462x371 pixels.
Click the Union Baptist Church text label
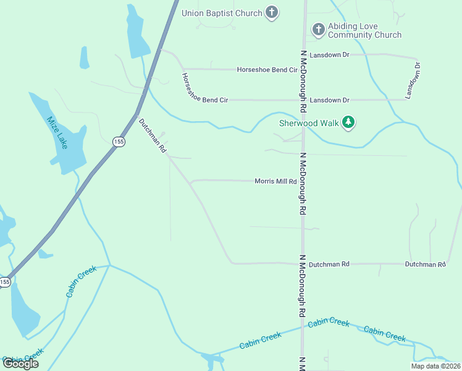[221, 12]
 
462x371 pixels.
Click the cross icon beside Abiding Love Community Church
[318, 29]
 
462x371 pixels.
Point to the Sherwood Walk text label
[309, 123]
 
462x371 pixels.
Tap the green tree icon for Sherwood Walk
[349, 122]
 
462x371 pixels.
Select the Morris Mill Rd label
[275, 181]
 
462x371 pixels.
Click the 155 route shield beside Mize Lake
[119, 142]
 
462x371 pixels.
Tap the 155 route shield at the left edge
[5, 281]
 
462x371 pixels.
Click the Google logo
[20, 364]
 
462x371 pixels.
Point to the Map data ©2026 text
[435, 366]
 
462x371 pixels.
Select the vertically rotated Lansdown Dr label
[412, 80]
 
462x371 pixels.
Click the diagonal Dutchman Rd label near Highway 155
[153, 135]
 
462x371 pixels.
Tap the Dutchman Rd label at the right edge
[425, 264]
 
